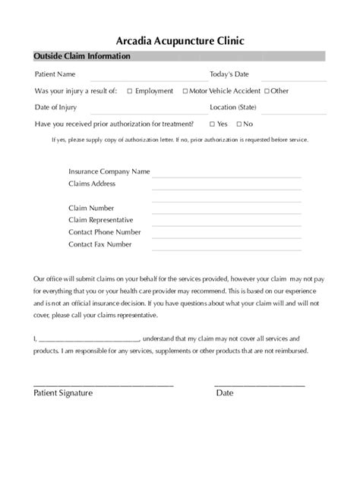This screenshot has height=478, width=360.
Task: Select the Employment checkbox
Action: (130, 91)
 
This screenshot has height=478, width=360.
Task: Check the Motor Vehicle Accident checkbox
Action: (185, 91)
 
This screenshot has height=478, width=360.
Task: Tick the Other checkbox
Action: (267, 91)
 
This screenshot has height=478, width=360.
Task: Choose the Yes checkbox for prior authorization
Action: (212, 124)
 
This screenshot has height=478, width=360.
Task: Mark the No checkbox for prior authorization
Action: (239, 124)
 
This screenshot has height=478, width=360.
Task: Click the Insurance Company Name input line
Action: (226, 175)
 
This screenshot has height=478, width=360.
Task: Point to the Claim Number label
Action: (91, 208)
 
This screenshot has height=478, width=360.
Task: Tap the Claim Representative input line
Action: (226, 224)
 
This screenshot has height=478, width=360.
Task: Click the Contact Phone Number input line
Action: (226, 236)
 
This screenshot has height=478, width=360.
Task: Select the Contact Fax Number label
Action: (99, 244)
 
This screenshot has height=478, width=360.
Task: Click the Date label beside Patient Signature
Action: (225, 394)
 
